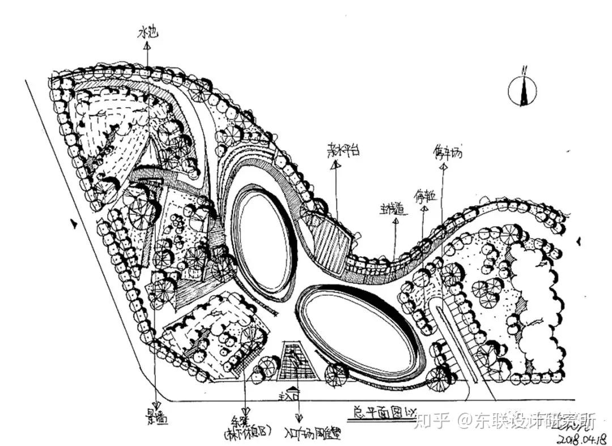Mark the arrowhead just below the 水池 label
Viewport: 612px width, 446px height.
[x=147, y=47]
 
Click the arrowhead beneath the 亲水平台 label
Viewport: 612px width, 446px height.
[x=335, y=165]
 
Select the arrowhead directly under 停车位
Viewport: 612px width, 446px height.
[x=424, y=209]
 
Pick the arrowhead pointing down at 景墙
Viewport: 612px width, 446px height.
[x=155, y=404]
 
